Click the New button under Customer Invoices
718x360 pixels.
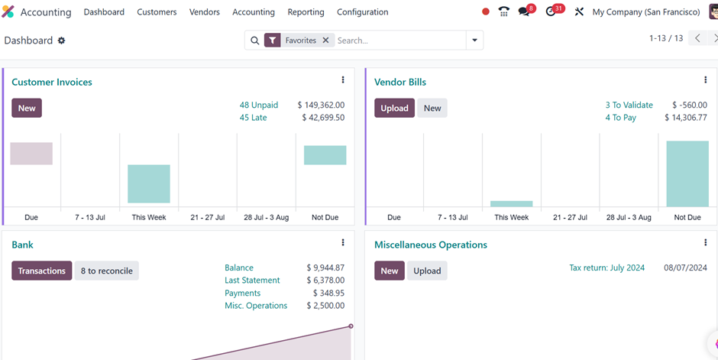coord(27,108)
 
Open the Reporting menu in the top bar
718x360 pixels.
coord(306,12)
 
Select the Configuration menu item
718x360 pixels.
coord(363,12)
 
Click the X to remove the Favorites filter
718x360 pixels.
coord(325,41)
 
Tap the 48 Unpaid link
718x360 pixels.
coord(259,105)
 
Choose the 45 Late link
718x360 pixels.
coord(254,118)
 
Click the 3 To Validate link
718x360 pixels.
coord(629,105)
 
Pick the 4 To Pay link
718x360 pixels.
coord(621,118)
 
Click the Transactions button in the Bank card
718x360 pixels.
coord(42,271)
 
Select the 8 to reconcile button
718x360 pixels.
coord(107,271)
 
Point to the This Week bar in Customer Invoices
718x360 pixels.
coord(149,183)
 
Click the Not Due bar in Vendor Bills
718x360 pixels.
coord(687,174)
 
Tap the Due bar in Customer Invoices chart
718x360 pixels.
coord(31,154)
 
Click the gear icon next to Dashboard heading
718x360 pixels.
coord(61,41)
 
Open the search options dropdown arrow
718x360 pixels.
coord(475,41)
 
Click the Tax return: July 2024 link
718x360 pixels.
coord(606,268)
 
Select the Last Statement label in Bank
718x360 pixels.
coord(252,281)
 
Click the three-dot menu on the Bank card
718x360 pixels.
coord(343,242)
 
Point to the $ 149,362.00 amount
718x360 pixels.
coord(321,105)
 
